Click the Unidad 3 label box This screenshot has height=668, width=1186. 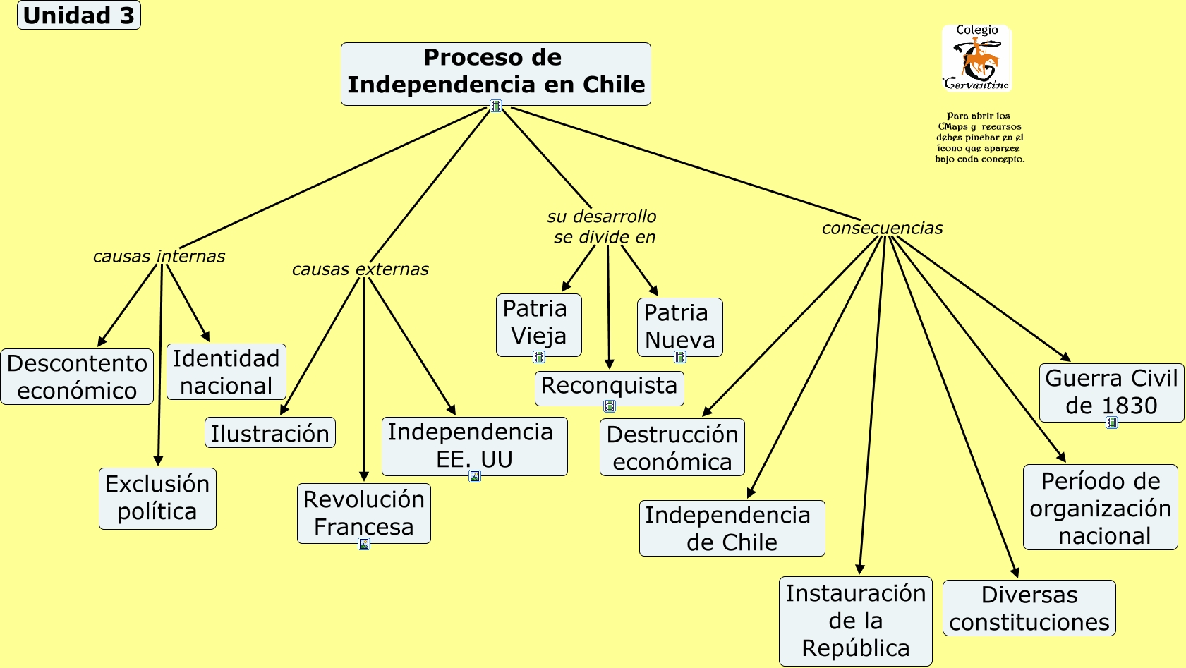78,15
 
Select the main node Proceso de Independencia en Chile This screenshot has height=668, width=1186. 495,72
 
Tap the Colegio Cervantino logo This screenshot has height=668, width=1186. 976,59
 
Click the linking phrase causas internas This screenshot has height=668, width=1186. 159,256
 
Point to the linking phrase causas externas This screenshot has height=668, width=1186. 360,269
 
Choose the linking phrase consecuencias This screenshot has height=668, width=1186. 882,228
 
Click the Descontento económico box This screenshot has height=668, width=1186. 77,377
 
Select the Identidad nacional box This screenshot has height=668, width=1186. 226,372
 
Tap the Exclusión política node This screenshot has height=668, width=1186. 157,498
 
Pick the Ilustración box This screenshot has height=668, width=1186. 270,433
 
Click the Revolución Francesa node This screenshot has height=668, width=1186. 363,513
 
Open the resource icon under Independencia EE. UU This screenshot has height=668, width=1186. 475,476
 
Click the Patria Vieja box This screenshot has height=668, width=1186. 538,323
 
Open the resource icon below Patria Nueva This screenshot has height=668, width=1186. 680,357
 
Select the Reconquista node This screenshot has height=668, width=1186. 609,387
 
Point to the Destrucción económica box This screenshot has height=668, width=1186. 672,447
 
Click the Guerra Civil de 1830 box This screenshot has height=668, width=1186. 1111,391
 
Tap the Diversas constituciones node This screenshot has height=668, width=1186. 1029,608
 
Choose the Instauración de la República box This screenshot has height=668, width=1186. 855,621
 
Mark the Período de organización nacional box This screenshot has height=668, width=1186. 1100,507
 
